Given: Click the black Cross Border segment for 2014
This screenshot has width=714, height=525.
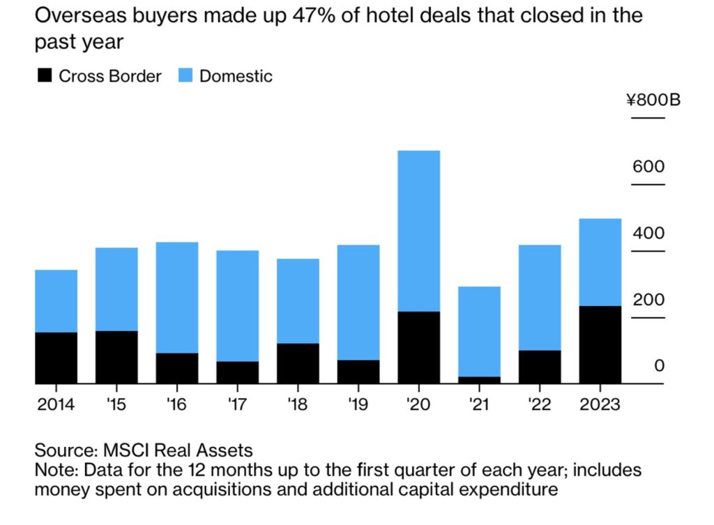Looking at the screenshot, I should pyautogui.click(x=56, y=358).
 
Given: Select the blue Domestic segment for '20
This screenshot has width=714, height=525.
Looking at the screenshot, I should pyautogui.click(x=418, y=231).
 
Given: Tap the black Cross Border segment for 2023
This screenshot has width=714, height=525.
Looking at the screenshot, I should pyautogui.click(x=600, y=344).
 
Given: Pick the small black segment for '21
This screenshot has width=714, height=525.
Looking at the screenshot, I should pyautogui.click(x=479, y=380).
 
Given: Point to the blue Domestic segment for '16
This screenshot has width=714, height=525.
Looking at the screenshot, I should pyautogui.click(x=177, y=298).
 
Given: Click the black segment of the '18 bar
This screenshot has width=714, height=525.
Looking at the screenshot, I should pyautogui.click(x=298, y=363).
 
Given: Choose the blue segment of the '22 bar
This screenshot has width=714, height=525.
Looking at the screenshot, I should pyautogui.click(x=540, y=298).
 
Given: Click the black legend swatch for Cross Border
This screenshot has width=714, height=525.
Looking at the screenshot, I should pyautogui.click(x=44, y=76).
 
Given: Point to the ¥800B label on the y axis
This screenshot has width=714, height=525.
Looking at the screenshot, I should pyautogui.click(x=653, y=100).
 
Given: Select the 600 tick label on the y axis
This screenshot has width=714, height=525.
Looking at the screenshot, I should pyautogui.click(x=648, y=167).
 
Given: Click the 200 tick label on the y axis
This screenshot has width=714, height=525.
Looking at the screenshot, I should pyautogui.click(x=648, y=300).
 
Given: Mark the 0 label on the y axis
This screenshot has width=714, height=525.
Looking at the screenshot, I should pyautogui.click(x=659, y=367).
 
